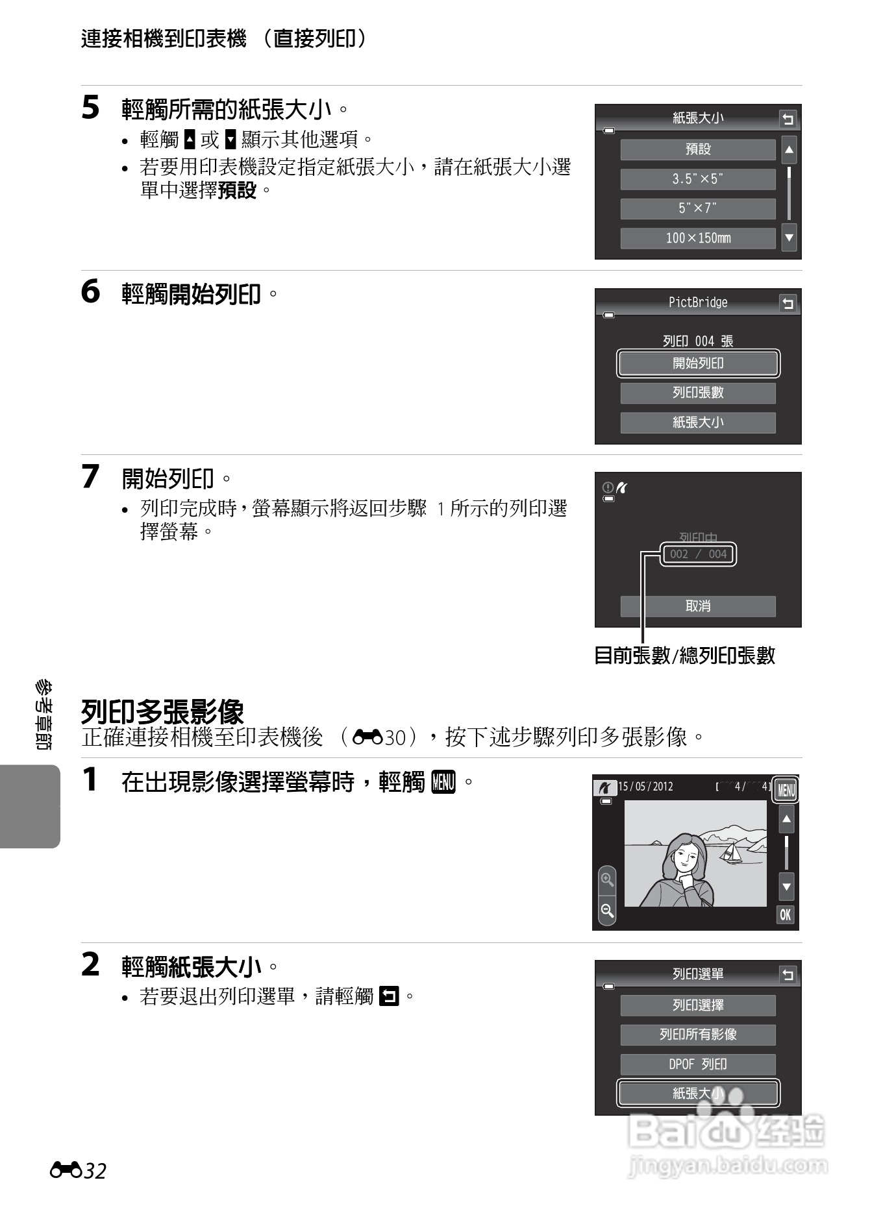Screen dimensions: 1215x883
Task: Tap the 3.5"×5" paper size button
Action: tap(698, 179)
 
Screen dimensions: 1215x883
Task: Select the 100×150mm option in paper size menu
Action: tap(698, 238)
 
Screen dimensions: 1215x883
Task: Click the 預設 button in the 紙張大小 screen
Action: tap(698, 149)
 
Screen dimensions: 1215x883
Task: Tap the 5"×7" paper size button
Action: tap(698, 208)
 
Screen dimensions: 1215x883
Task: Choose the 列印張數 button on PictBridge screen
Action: tap(698, 393)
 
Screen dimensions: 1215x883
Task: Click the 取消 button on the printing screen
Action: tap(698, 606)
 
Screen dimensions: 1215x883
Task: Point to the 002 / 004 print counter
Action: tap(698, 554)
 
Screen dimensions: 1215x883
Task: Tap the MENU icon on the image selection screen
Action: tap(786, 790)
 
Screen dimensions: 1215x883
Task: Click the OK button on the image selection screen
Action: tap(786, 914)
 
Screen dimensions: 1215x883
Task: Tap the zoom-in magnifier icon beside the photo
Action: tap(607, 880)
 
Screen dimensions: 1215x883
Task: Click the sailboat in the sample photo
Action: tap(732, 853)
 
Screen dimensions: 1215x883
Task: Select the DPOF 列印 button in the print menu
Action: tap(698, 1064)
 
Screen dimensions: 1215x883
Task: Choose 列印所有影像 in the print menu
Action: tap(698, 1035)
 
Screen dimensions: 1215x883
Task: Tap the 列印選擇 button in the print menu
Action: tap(698, 1005)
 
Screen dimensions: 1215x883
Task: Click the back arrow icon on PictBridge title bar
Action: tap(788, 303)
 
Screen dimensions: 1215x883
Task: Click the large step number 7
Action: tap(91, 477)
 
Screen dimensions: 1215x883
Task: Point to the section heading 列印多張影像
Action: tap(162, 712)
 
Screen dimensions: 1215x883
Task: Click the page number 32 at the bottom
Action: tap(95, 1172)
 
